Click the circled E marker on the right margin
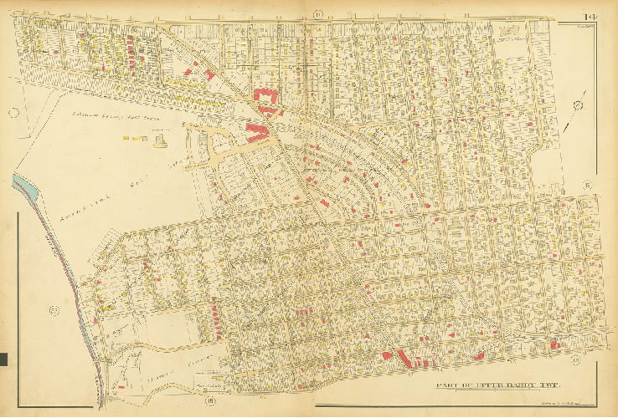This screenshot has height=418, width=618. point(589,184)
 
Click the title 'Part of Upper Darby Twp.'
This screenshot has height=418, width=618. point(499,385)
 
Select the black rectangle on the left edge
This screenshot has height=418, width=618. point(3,359)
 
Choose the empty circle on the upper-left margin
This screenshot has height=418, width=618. point(13,113)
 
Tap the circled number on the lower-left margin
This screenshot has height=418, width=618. point(54,312)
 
